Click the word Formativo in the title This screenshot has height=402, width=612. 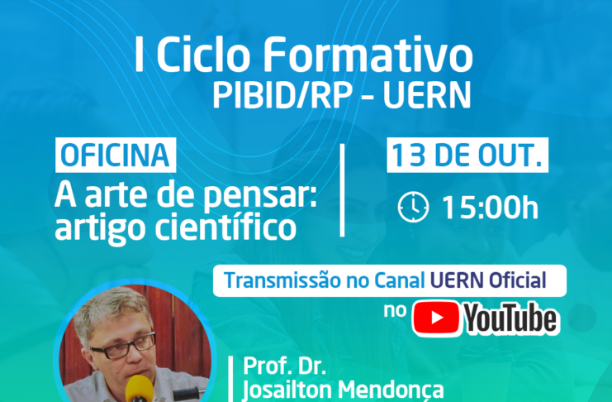pyautogui.click(x=368, y=55)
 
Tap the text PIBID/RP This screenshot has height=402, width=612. pyautogui.click(x=282, y=95)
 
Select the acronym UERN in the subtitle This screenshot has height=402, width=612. pyautogui.click(x=427, y=95)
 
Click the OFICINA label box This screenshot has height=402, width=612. pyautogui.click(x=116, y=156)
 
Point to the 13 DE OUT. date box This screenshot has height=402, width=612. pyautogui.click(x=467, y=156)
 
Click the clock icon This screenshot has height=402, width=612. pyautogui.click(x=413, y=208)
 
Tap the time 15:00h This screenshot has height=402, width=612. pyautogui.click(x=491, y=208)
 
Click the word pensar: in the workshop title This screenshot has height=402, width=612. pyautogui.click(x=260, y=196)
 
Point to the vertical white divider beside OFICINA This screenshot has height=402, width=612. pyautogui.click(x=342, y=190)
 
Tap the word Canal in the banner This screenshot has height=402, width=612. pyautogui.click(x=399, y=280)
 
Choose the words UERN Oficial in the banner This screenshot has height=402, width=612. pyautogui.click(x=488, y=280)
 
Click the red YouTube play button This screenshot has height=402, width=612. pyautogui.click(x=436, y=318)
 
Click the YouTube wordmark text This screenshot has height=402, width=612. pyautogui.click(x=511, y=318)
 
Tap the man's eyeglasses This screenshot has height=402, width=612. pyautogui.click(x=123, y=347)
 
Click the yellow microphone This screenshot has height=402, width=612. pyautogui.click(x=139, y=389)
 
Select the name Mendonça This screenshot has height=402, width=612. pyautogui.click(x=391, y=390)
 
